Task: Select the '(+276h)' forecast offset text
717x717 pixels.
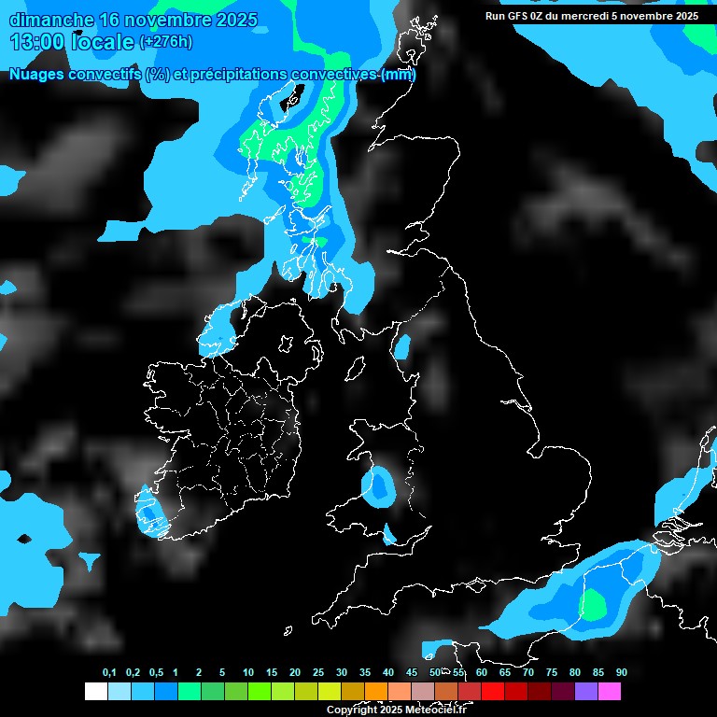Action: (x=165, y=41)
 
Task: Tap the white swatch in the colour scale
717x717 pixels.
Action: (x=95, y=691)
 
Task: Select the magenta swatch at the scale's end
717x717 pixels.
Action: (x=609, y=691)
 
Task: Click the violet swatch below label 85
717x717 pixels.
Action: (x=585, y=691)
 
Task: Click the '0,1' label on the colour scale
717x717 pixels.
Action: (x=109, y=672)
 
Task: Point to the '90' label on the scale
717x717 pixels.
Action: (x=621, y=672)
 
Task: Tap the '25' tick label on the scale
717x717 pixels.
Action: (x=318, y=672)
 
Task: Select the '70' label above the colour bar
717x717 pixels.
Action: (x=527, y=672)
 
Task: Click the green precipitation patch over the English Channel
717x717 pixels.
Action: (x=594, y=605)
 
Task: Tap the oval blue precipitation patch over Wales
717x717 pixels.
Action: (x=378, y=485)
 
